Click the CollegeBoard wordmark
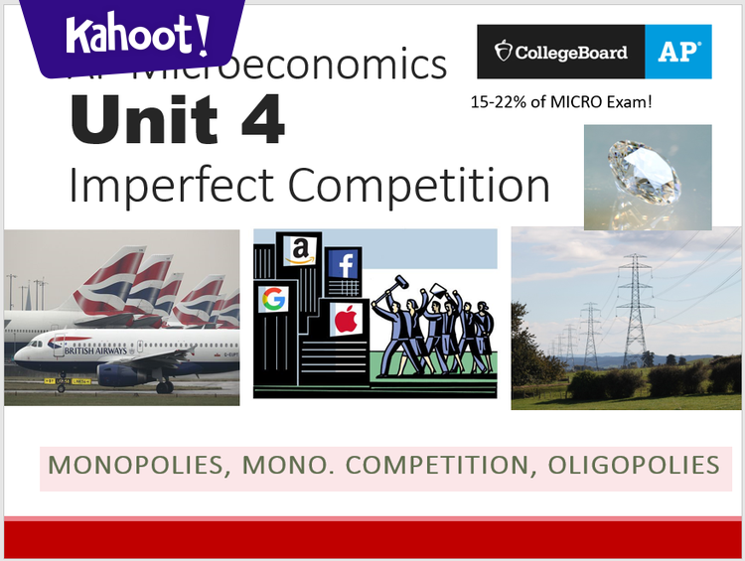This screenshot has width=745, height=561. point(561,52)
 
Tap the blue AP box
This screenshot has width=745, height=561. point(678,52)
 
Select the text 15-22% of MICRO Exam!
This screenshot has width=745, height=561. point(561,101)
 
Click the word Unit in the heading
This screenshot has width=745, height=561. point(147,119)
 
